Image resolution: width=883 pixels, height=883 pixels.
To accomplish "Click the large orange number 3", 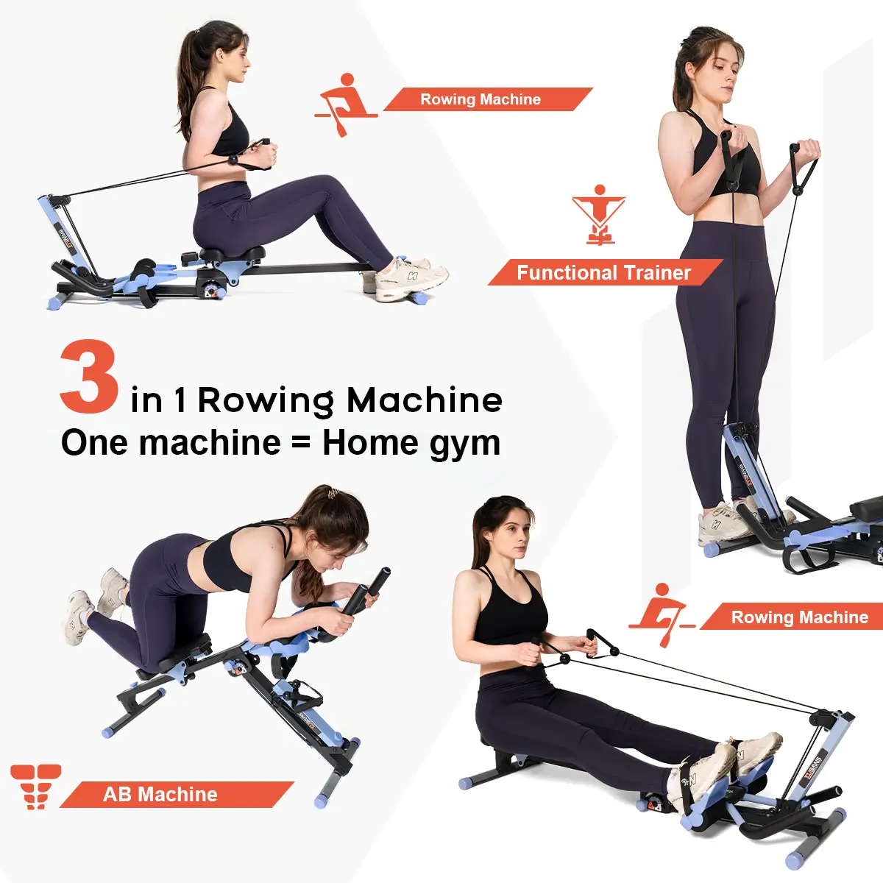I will pyautogui.click(x=89, y=377).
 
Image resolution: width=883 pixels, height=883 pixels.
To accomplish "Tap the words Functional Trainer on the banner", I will pyautogui.click(x=603, y=273).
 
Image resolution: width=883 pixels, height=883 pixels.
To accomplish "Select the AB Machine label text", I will pyautogui.click(x=160, y=795).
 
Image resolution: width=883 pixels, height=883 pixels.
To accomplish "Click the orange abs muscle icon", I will pyautogui.click(x=35, y=786).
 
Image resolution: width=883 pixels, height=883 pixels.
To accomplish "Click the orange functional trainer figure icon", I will pyautogui.click(x=599, y=214).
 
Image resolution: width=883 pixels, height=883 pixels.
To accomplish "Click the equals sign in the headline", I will pyautogui.click(x=301, y=444).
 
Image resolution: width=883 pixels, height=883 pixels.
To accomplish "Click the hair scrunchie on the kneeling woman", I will pyautogui.click(x=333, y=494).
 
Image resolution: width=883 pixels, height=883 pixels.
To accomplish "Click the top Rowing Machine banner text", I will pyautogui.click(x=480, y=99).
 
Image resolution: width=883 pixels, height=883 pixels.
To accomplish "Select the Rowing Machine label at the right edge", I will pyautogui.click(x=799, y=617).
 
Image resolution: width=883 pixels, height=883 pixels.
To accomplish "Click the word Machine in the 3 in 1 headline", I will pyautogui.click(x=425, y=400).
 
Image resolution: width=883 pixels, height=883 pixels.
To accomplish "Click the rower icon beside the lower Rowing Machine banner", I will pyautogui.click(x=660, y=613).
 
